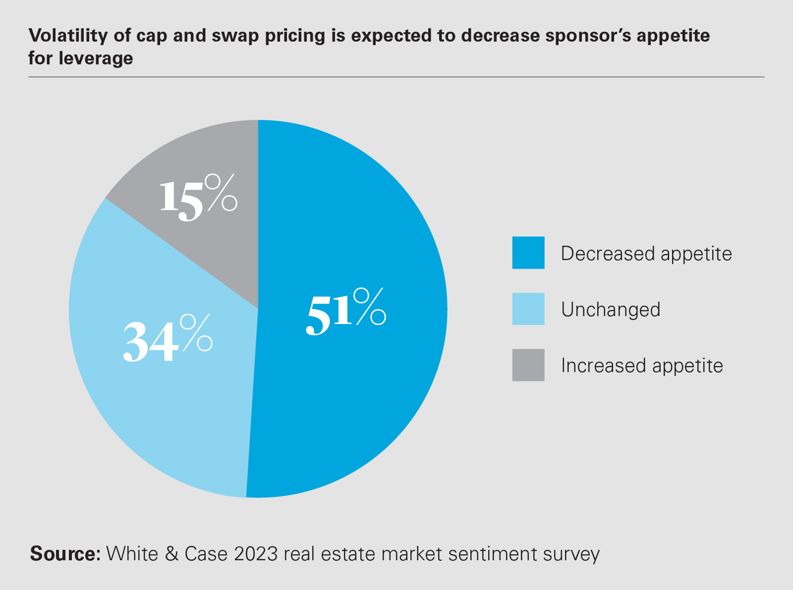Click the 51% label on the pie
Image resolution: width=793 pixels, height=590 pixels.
tap(345, 312)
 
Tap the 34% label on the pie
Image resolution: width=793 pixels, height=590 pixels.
tap(168, 339)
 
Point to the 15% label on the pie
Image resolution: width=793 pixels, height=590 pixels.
tap(198, 198)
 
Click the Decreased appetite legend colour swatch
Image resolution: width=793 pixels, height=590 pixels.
tap(528, 253)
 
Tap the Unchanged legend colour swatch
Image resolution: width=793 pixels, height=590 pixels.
tap(528, 309)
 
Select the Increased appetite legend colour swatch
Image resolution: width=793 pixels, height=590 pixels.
tap(528, 365)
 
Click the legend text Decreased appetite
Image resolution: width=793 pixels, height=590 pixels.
tap(646, 254)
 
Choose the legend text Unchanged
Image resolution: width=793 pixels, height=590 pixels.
tap(611, 310)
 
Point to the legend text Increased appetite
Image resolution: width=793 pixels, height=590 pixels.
tap(642, 366)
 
